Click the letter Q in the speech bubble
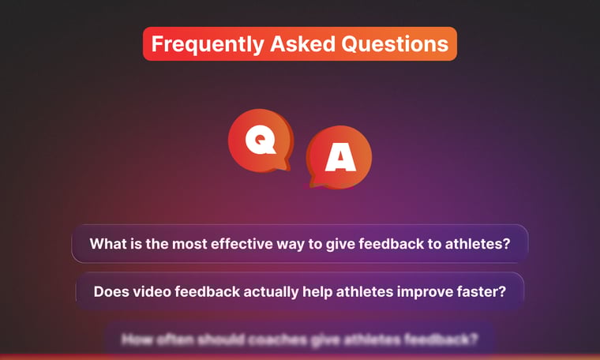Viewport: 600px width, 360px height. [x=258, y=141]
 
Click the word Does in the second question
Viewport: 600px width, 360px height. [x=111, y=291]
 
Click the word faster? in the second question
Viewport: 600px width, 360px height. [x=479, y=291]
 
